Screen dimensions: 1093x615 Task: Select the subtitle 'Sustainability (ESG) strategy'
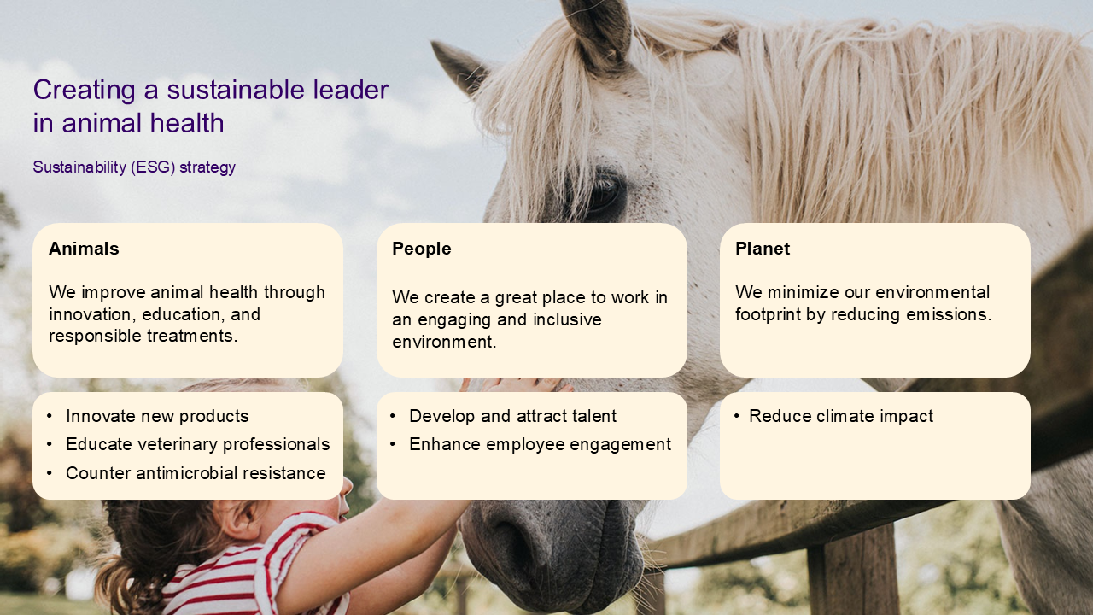pyautogui.click(x=134, y=167)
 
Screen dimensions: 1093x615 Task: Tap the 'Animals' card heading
pyautogui.click(x=84, y=249)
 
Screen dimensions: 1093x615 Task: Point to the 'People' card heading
pyautogui.click(x=422, y=249)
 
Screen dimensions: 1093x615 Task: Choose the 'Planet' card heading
pyautogui.click(x=763, y=249)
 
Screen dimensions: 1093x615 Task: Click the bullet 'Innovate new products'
pyautogui.click(x=157, y=416)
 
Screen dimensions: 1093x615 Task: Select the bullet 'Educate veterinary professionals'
pyautogui.click(x=197, y=444)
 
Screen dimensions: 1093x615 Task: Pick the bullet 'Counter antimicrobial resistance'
pyautogui.click(x=196, y=473)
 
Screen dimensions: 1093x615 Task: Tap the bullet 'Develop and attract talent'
pyautogui.click(x=513, y=416)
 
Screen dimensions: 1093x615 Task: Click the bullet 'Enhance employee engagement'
pyautogui.click(x=541, y=445)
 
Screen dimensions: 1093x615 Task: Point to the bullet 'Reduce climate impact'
pyautogui.click(x=841, y=416)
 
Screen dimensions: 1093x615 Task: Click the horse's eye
pyautogui.click(x=604, y=191)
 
